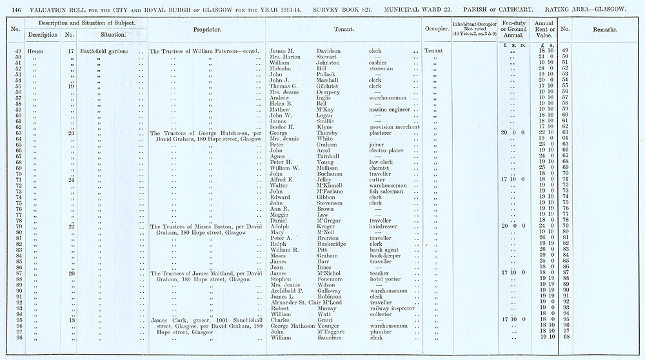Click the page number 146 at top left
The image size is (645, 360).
coord(17,8)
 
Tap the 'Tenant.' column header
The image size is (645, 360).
coord(342,30)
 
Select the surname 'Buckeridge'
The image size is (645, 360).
coord(335,245)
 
